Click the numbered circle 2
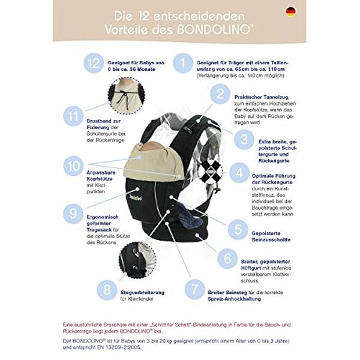[x=221, y=94]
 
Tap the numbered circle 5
[x=238, y=229]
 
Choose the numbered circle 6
[x=227, y=259]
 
